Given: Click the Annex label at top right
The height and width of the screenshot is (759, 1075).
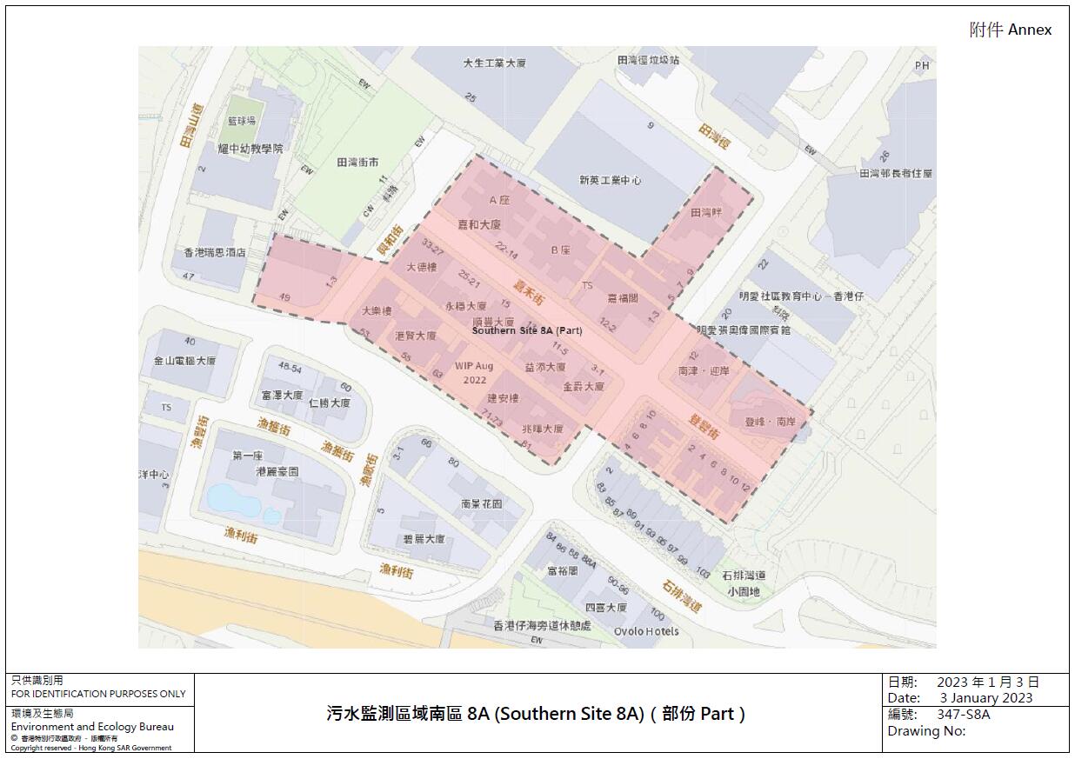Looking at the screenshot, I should coord(1011,30).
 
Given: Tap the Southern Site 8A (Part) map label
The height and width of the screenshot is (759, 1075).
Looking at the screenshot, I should coord(526,330).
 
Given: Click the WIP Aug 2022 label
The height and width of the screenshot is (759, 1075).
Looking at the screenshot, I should coord(474,373).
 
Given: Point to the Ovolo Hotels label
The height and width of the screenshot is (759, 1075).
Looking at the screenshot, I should coord(646,631).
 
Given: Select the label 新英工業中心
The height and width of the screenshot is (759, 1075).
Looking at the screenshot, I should coord(611,181).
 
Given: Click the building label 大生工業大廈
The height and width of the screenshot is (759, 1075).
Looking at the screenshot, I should coord(495,63).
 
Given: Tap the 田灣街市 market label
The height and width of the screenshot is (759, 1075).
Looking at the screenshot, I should coord(357,163).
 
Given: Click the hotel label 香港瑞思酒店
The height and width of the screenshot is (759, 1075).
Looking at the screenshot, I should coord(215,253).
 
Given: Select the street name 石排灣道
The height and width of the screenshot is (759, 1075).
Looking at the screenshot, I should coord(681,596).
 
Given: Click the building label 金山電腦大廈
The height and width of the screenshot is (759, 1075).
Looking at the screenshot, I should coord(184,361).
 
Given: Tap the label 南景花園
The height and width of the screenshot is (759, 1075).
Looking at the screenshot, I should coord(482,504).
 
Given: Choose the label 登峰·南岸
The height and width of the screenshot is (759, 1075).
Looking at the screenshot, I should coord(770,422).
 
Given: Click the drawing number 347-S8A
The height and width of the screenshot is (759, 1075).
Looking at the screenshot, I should coord(963,715).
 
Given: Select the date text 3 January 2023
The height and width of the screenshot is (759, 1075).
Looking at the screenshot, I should coord(985,697).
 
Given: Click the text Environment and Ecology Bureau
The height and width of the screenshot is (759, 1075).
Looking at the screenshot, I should coord(92,727).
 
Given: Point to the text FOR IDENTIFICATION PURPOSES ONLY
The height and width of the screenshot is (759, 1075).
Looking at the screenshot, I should coord(98,694).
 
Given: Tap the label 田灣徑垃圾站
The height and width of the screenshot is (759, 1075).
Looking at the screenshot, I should coord(648,60).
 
